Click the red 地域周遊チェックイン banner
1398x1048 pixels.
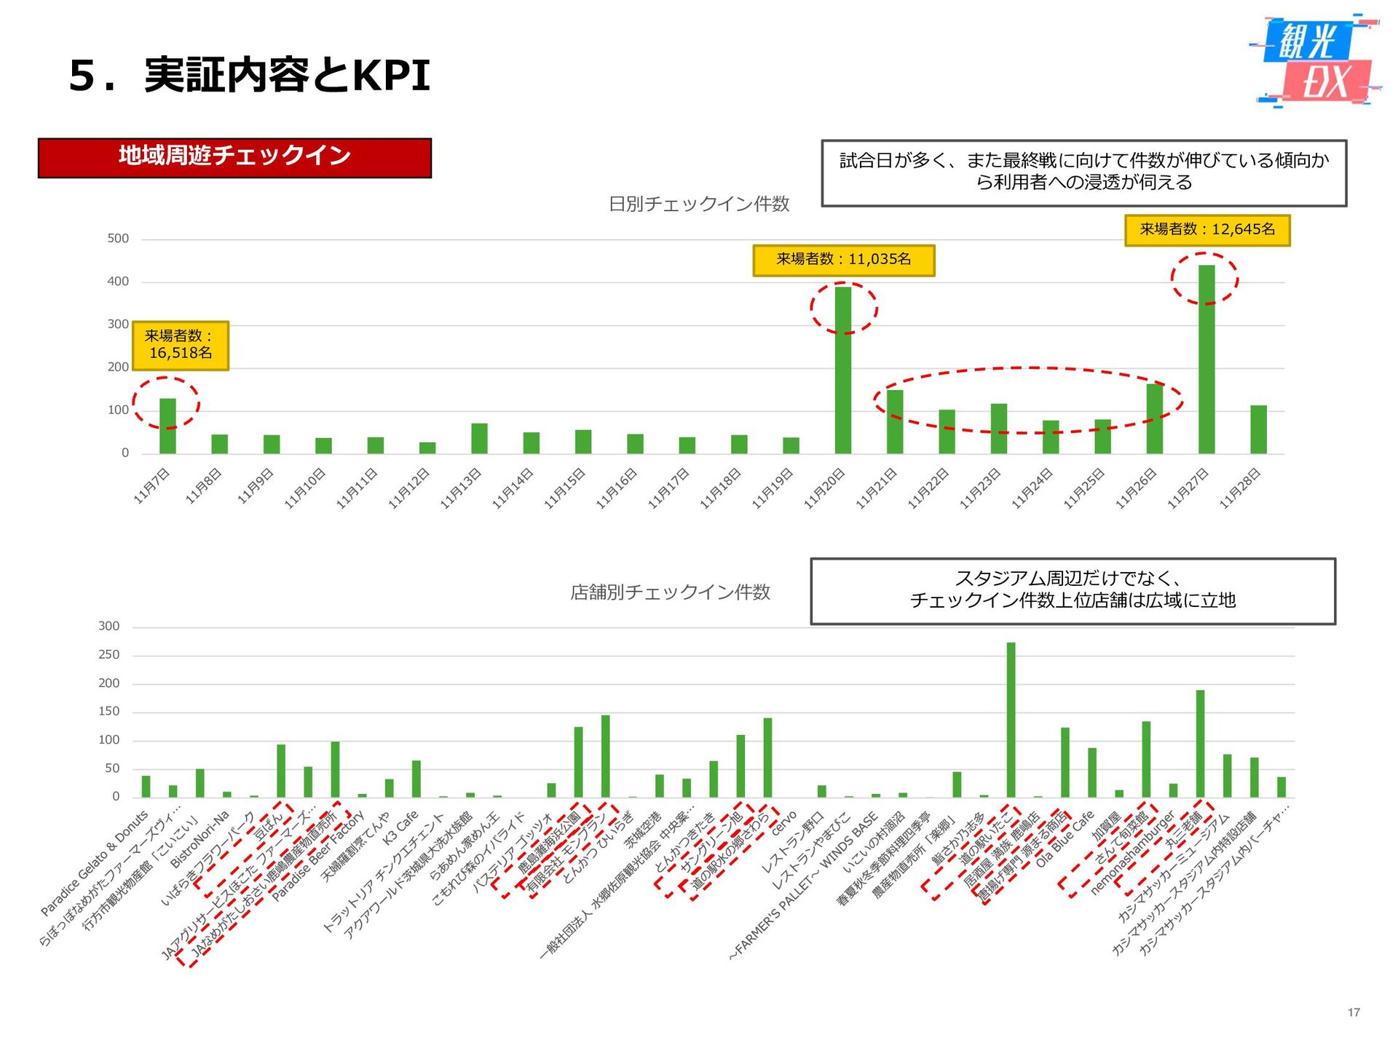(x=234, y=157)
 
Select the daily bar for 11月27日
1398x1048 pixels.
(x=1207, y=360)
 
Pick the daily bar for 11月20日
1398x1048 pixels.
(x=843, y=370)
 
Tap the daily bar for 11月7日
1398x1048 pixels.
(x=167, y=426)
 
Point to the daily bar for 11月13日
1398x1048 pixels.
(x=479, y=439)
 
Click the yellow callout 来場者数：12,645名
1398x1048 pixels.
(x=1207, y=230)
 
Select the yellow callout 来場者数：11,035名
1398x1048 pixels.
(x=843, y=260)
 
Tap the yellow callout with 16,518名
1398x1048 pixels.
(x=181, y=345)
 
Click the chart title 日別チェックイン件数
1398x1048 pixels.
(x=699, y=205)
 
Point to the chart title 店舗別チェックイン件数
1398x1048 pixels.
(x=670, y=592)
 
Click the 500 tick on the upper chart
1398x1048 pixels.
(x=118, y=239)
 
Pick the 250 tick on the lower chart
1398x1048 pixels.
(x=109, y=655)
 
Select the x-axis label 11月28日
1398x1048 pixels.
(x=1241, y=488)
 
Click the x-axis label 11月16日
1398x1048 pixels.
(x=617, y=488)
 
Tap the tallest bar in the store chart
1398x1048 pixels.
(x=1011, y=720)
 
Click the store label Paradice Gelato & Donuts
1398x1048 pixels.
(x=95, y=863)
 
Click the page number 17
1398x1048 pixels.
(x=1354, y=1012)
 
